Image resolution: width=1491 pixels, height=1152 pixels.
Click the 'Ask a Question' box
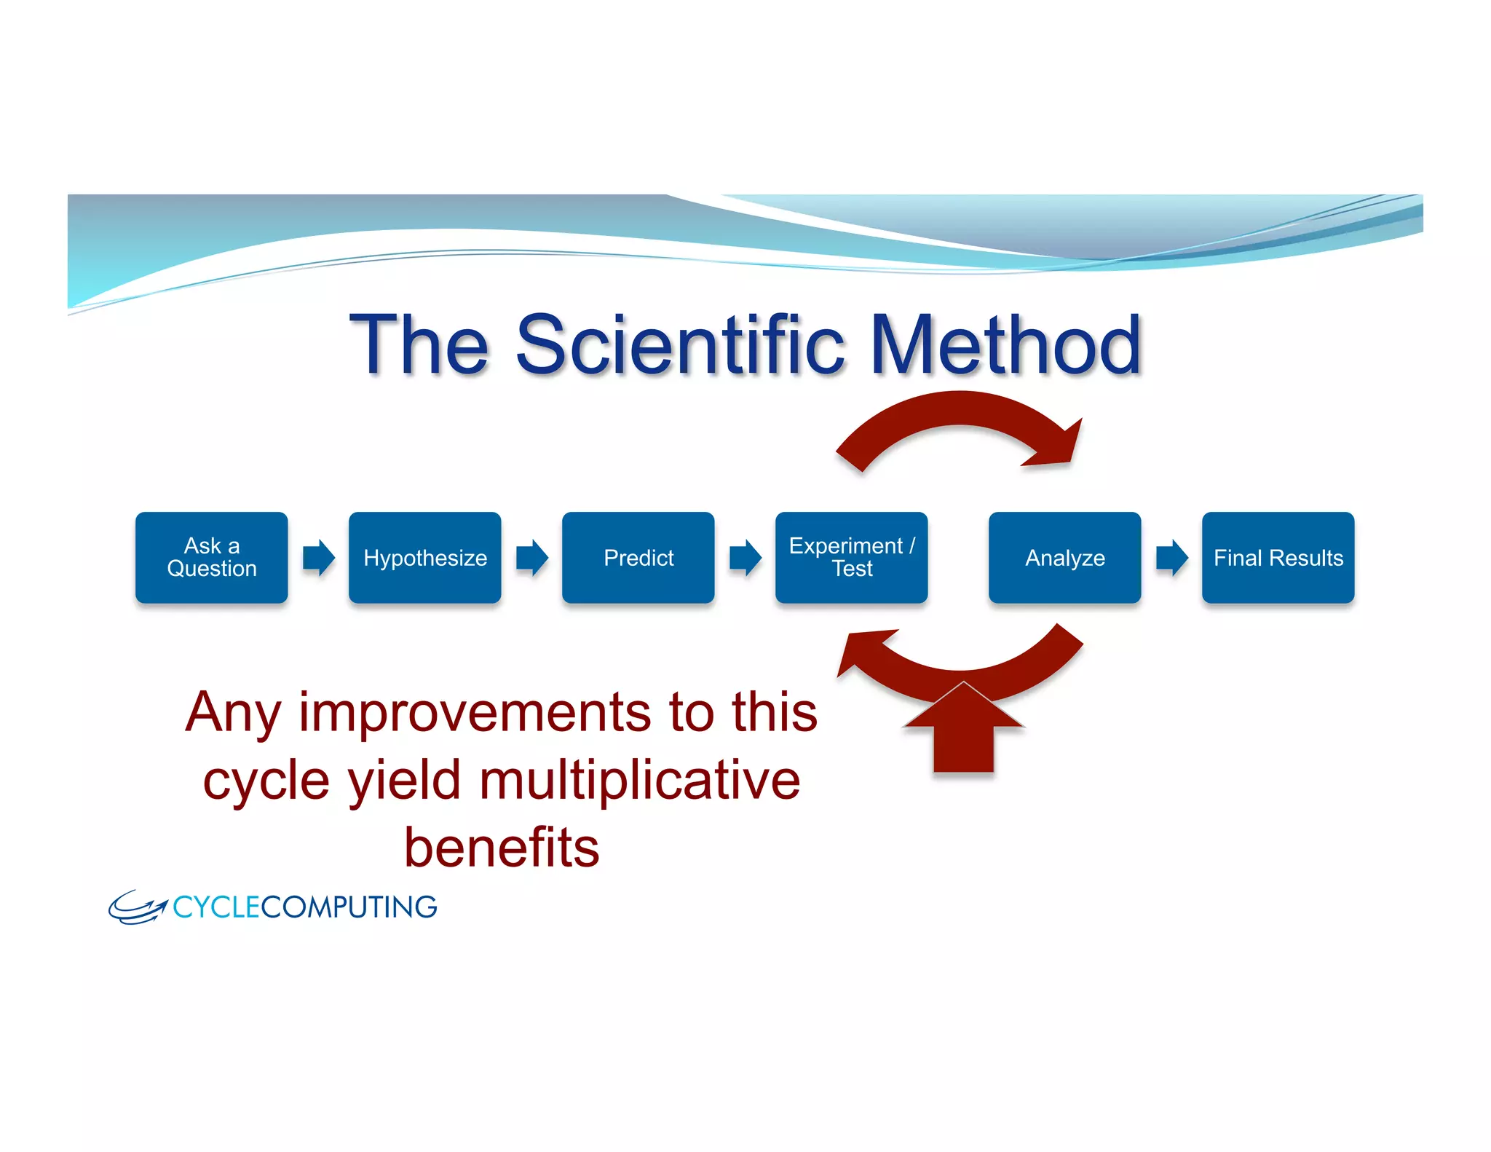[211, 557]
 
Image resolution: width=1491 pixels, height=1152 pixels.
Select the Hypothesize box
[424, 557]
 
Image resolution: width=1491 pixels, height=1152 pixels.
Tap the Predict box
[638, 557]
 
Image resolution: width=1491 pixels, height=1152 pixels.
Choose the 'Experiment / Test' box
[851, 557]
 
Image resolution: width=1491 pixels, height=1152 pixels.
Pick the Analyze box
[1064, 557]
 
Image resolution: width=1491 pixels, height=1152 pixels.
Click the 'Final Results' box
[1278, 557]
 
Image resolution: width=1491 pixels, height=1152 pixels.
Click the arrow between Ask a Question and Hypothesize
[318, 558]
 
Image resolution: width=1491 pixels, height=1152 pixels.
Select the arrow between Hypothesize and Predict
[531, 558]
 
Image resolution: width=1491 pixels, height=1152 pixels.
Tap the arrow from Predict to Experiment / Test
[745, 558]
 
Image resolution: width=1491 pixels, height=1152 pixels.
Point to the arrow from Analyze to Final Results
[1171, 558]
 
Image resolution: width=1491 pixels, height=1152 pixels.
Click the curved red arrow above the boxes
[961, 411]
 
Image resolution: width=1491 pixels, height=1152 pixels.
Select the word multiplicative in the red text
[640, 780]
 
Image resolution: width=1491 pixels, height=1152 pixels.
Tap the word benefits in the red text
[502, 848]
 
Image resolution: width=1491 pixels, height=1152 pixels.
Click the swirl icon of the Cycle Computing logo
[137, 907]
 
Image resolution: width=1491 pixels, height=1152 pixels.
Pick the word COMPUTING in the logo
[349, 907]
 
